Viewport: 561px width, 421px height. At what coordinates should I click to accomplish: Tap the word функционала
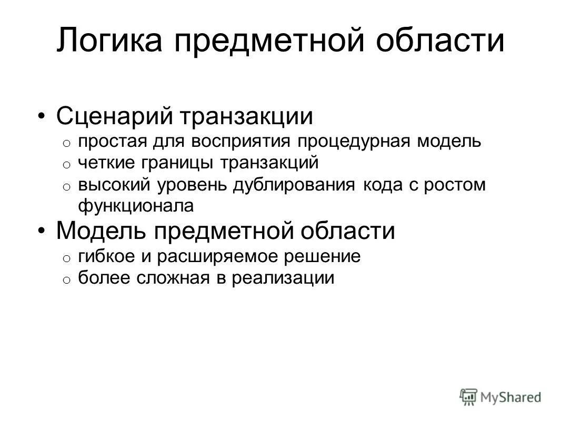tap(136, 206)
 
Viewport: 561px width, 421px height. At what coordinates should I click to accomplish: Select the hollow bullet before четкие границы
tap(66, 165)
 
